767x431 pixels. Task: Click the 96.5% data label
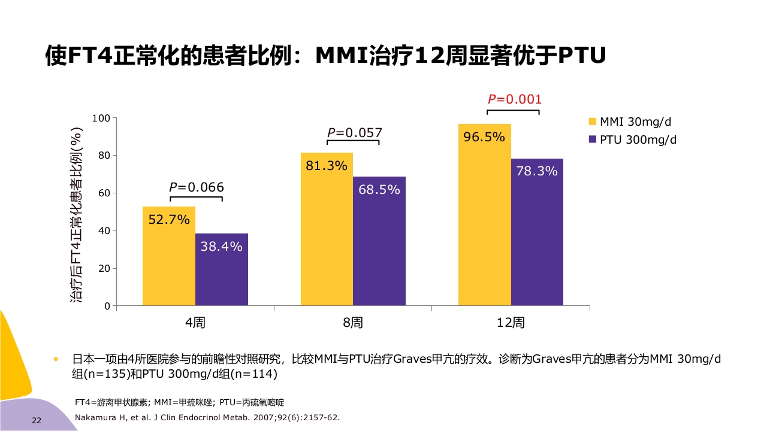pyautogui.click(x=484, y=137)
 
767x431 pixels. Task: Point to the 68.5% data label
pyautogui.click(x=379, y=190)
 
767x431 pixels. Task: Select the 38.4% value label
pyautogui.click(x=221, y=246)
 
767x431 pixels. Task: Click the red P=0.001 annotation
pyautogui.click(x=514, y=99)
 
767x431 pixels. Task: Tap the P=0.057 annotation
pyautogui.click(x=354, y=133)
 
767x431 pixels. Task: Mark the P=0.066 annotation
pyautogui.click(x=197, y=187)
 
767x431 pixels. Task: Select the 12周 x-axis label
pyautogui.click(x=511, y=323)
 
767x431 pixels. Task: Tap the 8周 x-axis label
pyautogui.click(x=353, y=323)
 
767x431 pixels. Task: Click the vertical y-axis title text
pyautogui.click(x=77, y=214)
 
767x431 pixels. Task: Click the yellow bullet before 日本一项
pyautogui.click(x=56, y=360)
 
